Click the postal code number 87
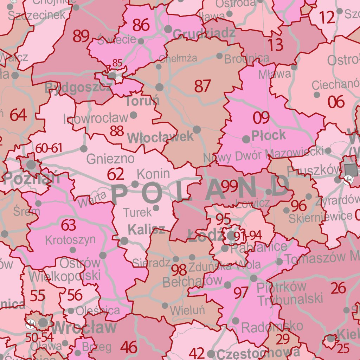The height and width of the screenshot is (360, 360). tap(202, 86)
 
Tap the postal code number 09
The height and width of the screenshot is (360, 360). tap(261, 118)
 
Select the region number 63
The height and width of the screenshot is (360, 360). tap(69, 225)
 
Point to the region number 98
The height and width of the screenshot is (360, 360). tap(179, 270)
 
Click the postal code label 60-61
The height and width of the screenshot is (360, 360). tap(49, 148)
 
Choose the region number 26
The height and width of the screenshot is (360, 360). tap(339, 288)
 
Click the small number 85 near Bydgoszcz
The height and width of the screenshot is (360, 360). tap(117, 63)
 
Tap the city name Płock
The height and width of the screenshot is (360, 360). tap(269, 135)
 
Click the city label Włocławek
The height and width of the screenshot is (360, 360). tap(160, 137)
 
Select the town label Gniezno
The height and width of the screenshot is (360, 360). tap(110, 159)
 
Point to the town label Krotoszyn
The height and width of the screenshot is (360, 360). tap(70, 240)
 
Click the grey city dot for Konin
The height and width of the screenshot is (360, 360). tap(135, 184)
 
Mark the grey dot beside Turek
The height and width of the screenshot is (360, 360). tap(156, 208)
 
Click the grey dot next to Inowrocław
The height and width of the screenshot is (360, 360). tap(134, 115)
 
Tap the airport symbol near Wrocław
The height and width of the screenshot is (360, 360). tap(30, 324)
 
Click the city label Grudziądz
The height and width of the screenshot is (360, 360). tap(204, 33)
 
